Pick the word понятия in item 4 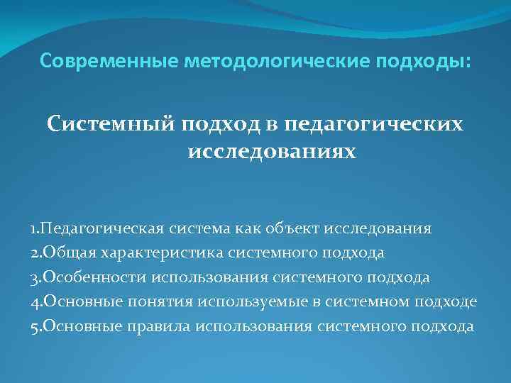(160, 302)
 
